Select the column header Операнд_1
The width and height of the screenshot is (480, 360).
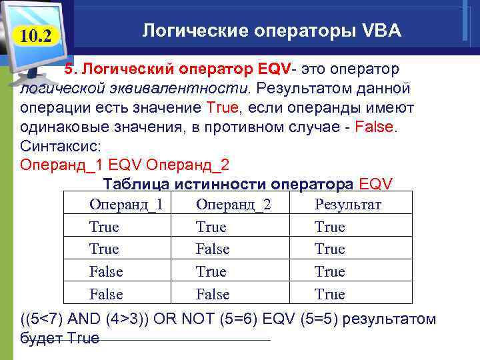126,205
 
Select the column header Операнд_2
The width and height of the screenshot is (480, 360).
233,205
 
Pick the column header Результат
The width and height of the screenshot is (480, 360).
347,205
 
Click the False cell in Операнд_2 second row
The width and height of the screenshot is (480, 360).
213,249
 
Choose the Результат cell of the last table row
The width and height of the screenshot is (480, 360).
329,294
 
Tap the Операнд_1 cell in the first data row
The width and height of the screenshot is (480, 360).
104,227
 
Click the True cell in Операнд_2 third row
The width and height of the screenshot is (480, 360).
211,272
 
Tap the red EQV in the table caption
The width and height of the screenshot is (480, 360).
376,184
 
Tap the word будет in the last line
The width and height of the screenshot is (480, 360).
41,337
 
